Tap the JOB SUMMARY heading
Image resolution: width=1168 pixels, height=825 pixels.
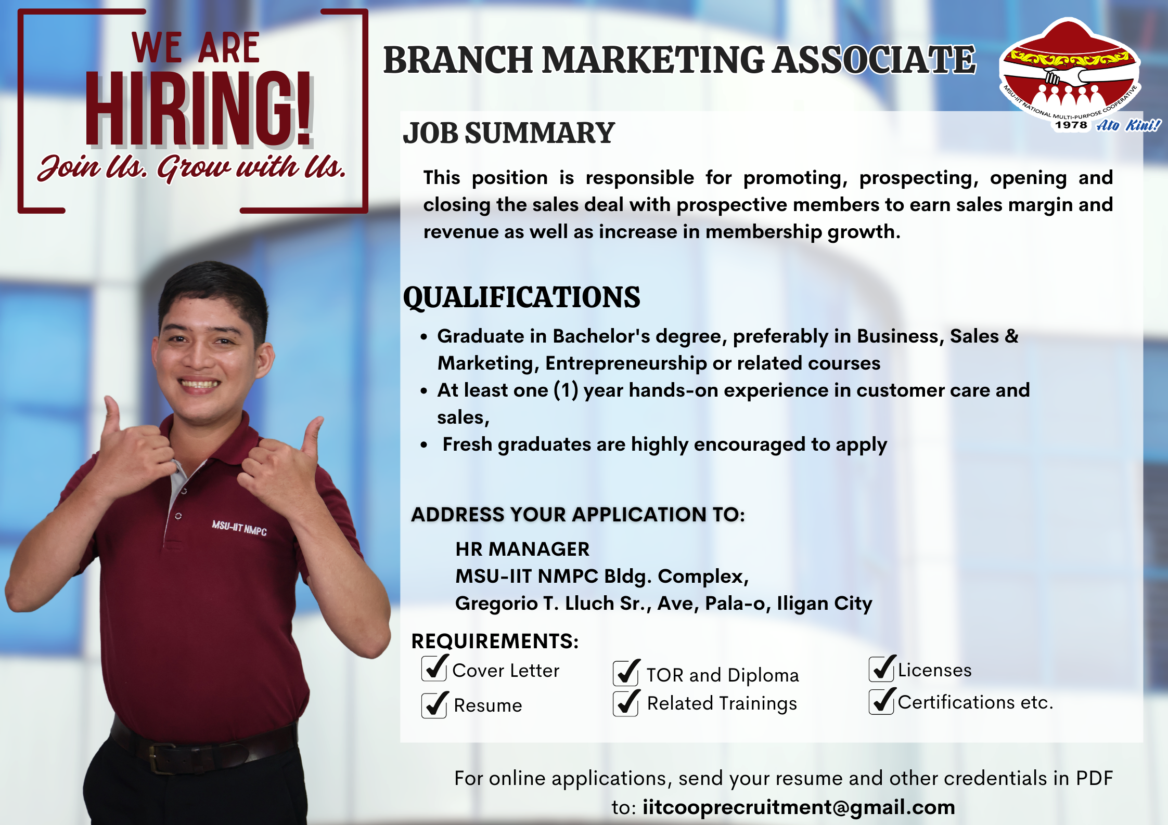click(509, 133)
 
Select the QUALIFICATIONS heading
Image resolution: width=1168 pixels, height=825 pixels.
click(521, 297)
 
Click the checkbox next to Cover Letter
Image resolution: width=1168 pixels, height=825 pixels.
click(434, 669)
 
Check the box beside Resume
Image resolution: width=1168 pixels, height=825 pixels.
click(434, 704)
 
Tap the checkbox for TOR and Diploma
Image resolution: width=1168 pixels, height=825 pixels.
click(626, 673)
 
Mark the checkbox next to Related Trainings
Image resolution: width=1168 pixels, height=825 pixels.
click(626, 702)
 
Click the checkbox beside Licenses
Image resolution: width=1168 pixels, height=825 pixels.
click(882, 669)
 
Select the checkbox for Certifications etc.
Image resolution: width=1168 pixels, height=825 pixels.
click(882, 701)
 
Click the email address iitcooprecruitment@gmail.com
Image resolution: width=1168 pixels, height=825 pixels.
click(799, 807)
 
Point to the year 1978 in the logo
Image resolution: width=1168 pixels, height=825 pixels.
click(1071, 125)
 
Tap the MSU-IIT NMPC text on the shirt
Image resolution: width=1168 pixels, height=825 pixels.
click(239, 528)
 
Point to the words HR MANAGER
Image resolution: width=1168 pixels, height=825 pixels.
click(522, 549)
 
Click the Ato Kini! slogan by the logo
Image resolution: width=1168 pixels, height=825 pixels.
click(1128, 125)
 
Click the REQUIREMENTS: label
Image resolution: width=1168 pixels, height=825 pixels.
click(495, 641)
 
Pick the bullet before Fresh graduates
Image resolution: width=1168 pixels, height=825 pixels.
click(424, 445)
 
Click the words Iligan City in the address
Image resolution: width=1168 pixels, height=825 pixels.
click(825, 604)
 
